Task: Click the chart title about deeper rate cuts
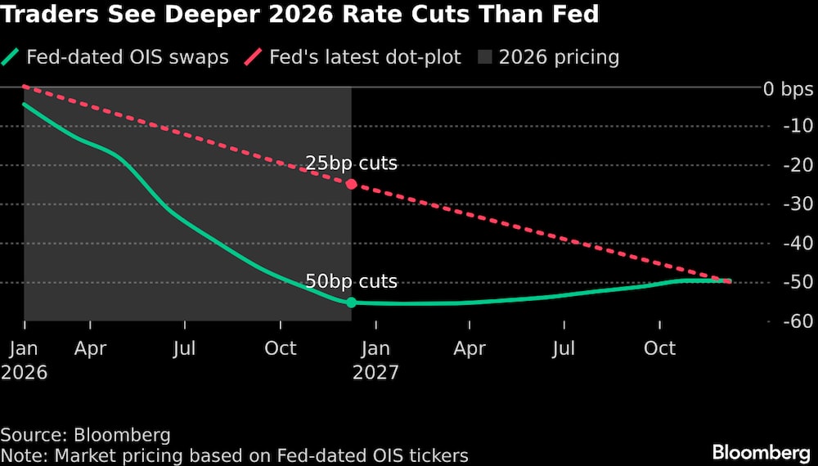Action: (300, 15)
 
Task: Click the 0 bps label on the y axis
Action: (788, 87)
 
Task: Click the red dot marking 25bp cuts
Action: (352, 184)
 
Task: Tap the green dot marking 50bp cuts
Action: (352, 302)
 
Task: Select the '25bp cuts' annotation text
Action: (351, 164)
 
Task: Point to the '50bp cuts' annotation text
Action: (351, 282)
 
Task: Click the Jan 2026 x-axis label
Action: (25, 360)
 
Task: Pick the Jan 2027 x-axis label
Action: (375, 360)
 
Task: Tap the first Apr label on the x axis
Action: (90, 348)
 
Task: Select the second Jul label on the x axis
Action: (564, 348)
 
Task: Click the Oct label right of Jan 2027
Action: (659, 348)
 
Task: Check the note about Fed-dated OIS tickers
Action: (235, 455)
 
